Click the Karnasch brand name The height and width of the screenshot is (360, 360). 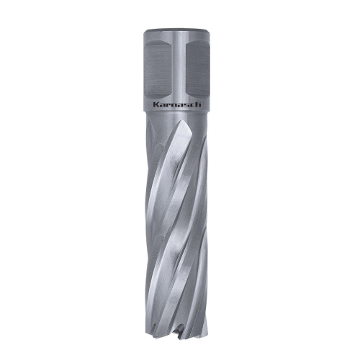177,104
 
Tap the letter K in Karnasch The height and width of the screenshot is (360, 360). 156,104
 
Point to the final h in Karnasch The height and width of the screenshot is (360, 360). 199,104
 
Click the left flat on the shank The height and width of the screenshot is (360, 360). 157,69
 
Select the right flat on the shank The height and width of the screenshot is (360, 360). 197,69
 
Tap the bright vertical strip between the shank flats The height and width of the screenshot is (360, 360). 179,70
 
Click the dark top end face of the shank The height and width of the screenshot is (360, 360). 177,31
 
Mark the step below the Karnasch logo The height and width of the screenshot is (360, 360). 177,112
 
